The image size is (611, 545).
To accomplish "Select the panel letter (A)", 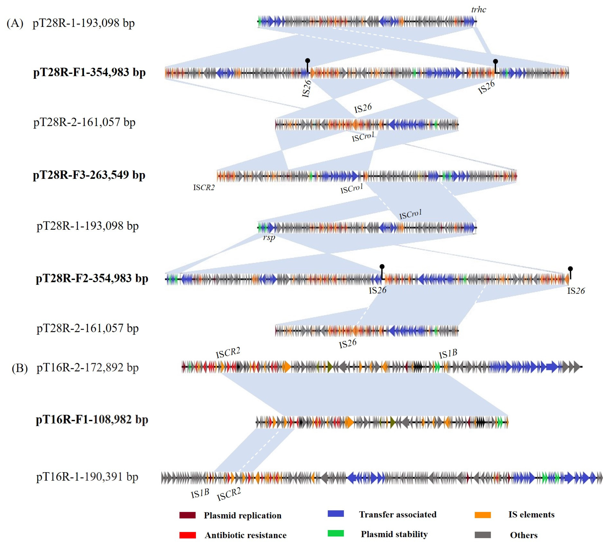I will [x=15, y=23].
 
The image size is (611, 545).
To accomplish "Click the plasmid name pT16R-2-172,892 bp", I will [x=88, y=368].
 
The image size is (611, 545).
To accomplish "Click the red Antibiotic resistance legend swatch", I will [x=188, y=535].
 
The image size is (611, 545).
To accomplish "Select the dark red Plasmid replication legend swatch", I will [x=188, y=515].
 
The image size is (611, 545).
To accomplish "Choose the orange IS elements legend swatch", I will [x=483, y=515].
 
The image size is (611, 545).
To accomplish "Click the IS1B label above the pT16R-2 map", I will [x=448, y=354].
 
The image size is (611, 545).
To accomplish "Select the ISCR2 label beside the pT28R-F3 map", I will [x=204, y=188].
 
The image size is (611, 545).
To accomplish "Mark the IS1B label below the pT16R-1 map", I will [x=200, y=493].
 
